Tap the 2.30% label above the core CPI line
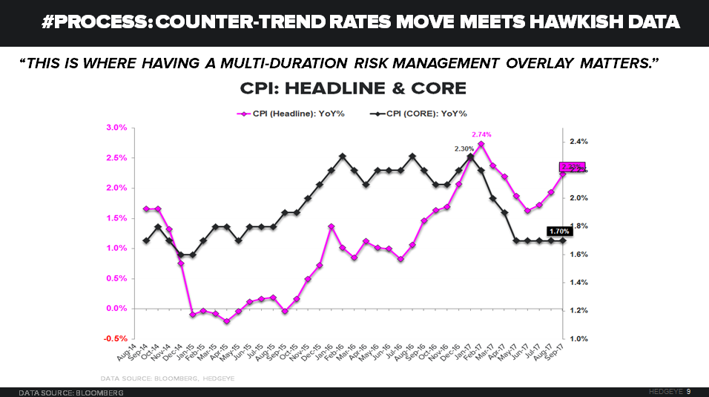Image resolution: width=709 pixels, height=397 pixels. [x=464, y=148]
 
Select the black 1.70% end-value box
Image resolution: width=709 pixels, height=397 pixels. [x=559, y=232]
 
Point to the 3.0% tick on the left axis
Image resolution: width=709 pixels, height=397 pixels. [x=116, y=128]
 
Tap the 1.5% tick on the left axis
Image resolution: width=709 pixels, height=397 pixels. [x=116, y=217]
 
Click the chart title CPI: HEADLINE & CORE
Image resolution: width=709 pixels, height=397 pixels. [x=353, y=89]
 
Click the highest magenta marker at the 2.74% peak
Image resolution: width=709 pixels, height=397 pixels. [x=481, y=144]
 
